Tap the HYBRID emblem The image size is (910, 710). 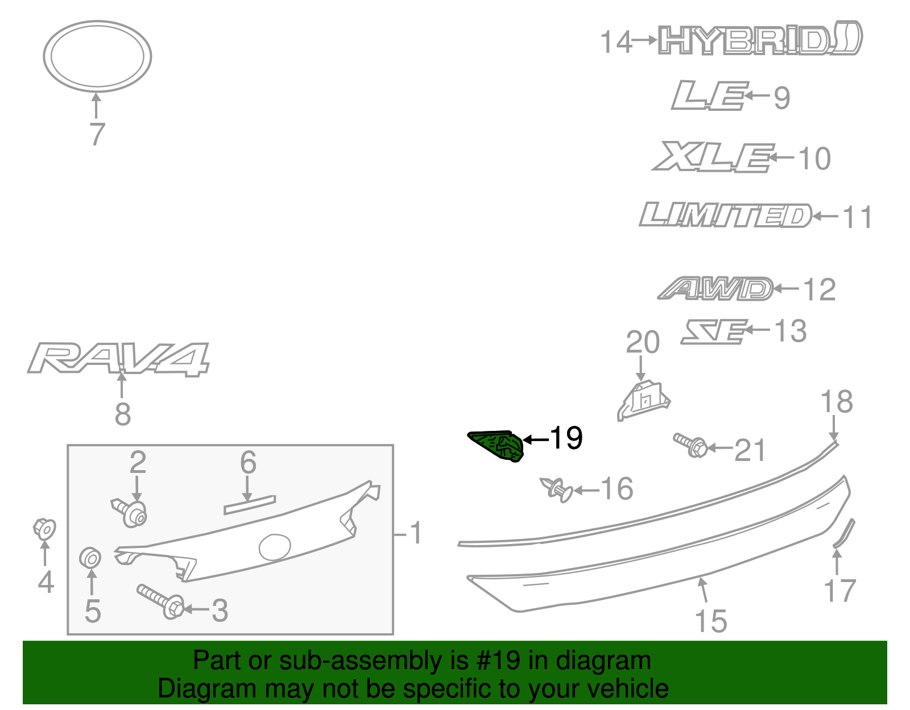click(x=759, y=39)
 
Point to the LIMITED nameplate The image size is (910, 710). click(x=726, y=215)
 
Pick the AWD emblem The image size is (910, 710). click(x=716, y=289)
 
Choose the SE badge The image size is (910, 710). click(x=714, y=331)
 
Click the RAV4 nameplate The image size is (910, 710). click(x=118, y=358)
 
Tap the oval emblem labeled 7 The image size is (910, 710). click(x=97, y=56)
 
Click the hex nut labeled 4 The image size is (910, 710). click(x=44, y=529)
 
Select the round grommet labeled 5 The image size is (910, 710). click(x=90, y=558)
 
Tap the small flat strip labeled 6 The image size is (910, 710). click(x=250, y=505)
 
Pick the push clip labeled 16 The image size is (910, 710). click(x=556, y=489)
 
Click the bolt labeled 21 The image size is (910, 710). click(x=690, y=445)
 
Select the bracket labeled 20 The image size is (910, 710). click(x=644, y=400)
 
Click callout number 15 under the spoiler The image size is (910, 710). click(x=711, y=621)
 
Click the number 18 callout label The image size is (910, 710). click(x=836, y=402)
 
